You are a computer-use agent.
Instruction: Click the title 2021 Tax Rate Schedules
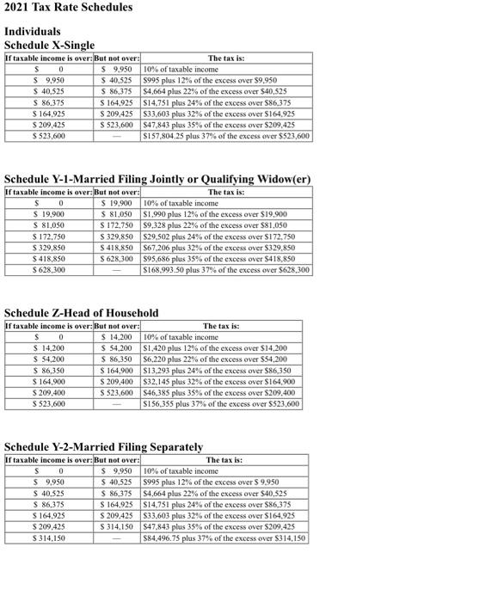tap(69, 8)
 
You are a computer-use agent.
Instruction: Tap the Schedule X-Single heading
tap(50, 45)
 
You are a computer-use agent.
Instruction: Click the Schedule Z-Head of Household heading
tap(82, 313)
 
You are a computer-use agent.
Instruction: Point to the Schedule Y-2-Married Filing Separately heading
tap(104, 447)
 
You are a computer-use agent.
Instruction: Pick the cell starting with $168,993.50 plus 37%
tap(227, 270)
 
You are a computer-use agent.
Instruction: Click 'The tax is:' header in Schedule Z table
tap(222, 326)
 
